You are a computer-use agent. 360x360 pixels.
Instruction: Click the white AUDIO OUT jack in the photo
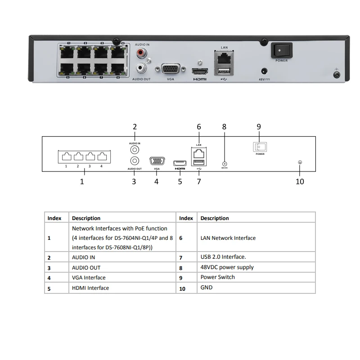(x=143, y=69)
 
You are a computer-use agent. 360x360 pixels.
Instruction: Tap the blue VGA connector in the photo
(x=171, y=69)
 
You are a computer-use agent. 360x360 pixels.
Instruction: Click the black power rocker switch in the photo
(x=281, y=50)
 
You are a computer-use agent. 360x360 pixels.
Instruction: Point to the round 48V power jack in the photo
(x=264, y=71)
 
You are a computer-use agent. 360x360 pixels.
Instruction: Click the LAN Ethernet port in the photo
(x=223, y=58)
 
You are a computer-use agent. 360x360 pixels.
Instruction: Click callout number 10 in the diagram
(x=300, y=181)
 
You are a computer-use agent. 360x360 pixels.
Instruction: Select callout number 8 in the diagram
(x=224, y=127)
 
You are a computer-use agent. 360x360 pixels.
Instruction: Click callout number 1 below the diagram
(x=82, y=182)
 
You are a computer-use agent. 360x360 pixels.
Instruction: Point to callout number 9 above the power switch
(x=259, y=127)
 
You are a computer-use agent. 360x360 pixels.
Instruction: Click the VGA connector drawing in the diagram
(x=157, y=162)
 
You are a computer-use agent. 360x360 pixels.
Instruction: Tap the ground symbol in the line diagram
(x=300, y=162)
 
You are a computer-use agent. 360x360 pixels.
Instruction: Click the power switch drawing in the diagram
(x=259, y=147)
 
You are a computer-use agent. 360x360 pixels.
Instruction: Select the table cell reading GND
(x=207, y=287)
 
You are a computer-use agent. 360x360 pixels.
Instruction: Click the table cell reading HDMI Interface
(x=90, y=288)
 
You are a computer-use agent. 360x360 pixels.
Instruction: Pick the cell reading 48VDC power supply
(x=227, y=267)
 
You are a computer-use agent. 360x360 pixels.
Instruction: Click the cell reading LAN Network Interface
(x=228, y=238)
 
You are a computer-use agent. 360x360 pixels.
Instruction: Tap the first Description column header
(x=86, y=218)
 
